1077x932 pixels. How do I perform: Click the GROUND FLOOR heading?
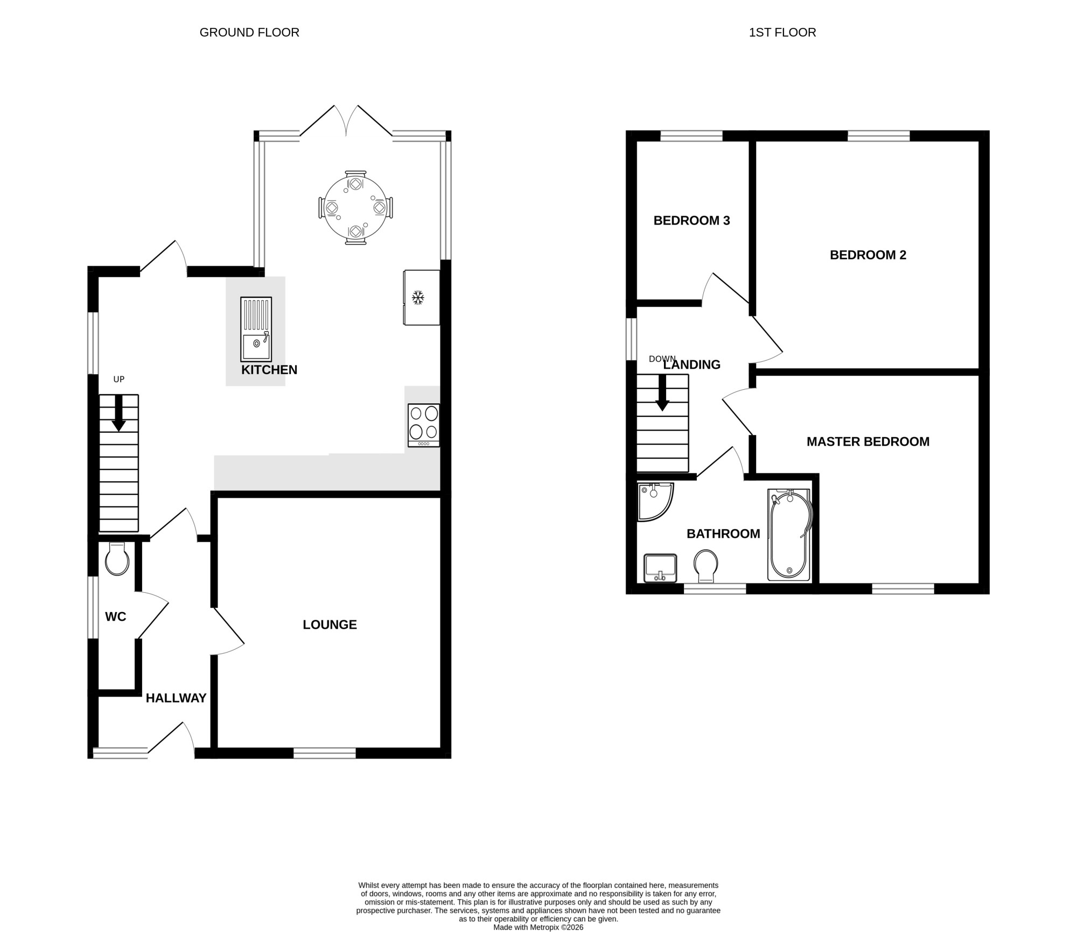point(249,32)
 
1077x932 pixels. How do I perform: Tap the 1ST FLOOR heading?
point(782,32)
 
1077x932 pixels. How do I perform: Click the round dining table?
point(355,208)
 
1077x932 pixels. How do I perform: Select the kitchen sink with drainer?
point(256,329)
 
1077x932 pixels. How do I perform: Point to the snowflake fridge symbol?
point(418,297)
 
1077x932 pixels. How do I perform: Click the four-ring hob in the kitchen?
point(424,425)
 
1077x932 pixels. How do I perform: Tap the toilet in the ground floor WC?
point(117,559)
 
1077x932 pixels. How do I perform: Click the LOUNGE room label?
point(330,625)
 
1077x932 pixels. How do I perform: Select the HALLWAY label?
point(176,698)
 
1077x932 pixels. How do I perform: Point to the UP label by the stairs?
point(119,379)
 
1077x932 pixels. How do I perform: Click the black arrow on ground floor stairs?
point(118,414)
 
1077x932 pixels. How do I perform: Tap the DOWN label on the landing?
point(662,359)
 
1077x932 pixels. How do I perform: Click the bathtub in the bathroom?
point(788,535)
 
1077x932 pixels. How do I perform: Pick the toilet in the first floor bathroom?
point(706,566)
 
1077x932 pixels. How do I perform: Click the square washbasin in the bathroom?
point(660,568)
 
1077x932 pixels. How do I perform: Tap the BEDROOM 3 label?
point(691,220)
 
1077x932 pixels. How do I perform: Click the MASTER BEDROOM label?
point(868,442)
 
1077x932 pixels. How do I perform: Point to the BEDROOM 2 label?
point(868,255)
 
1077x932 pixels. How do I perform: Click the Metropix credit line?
point(538,927)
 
